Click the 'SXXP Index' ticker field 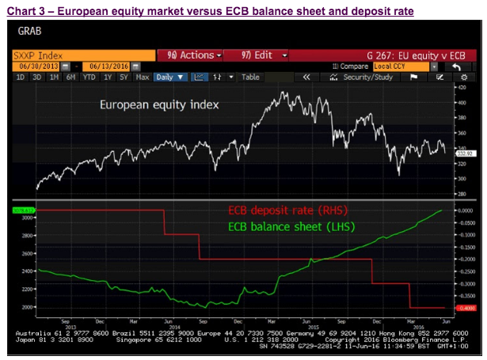tap(78, 55)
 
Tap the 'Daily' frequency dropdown tap(169, 78)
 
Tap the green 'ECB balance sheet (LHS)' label tap(291, 226)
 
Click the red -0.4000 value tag tap(462, 308)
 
